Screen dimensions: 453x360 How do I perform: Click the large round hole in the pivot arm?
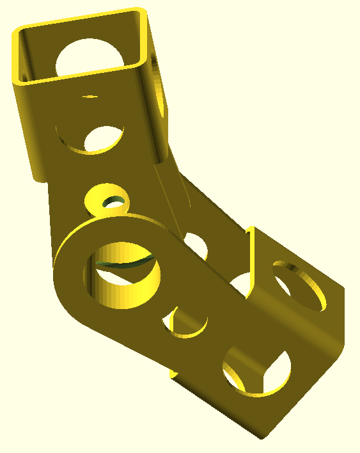pos(121,274)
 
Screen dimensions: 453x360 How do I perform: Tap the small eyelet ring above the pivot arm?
pos(107,200)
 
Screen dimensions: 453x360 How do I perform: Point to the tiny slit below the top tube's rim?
pos(90,97)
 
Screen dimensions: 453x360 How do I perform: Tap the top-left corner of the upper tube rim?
pos(17,32)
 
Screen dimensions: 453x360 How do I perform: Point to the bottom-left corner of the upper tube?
pos(40,177)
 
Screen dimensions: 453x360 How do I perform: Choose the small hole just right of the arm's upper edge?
pos(196,247)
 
